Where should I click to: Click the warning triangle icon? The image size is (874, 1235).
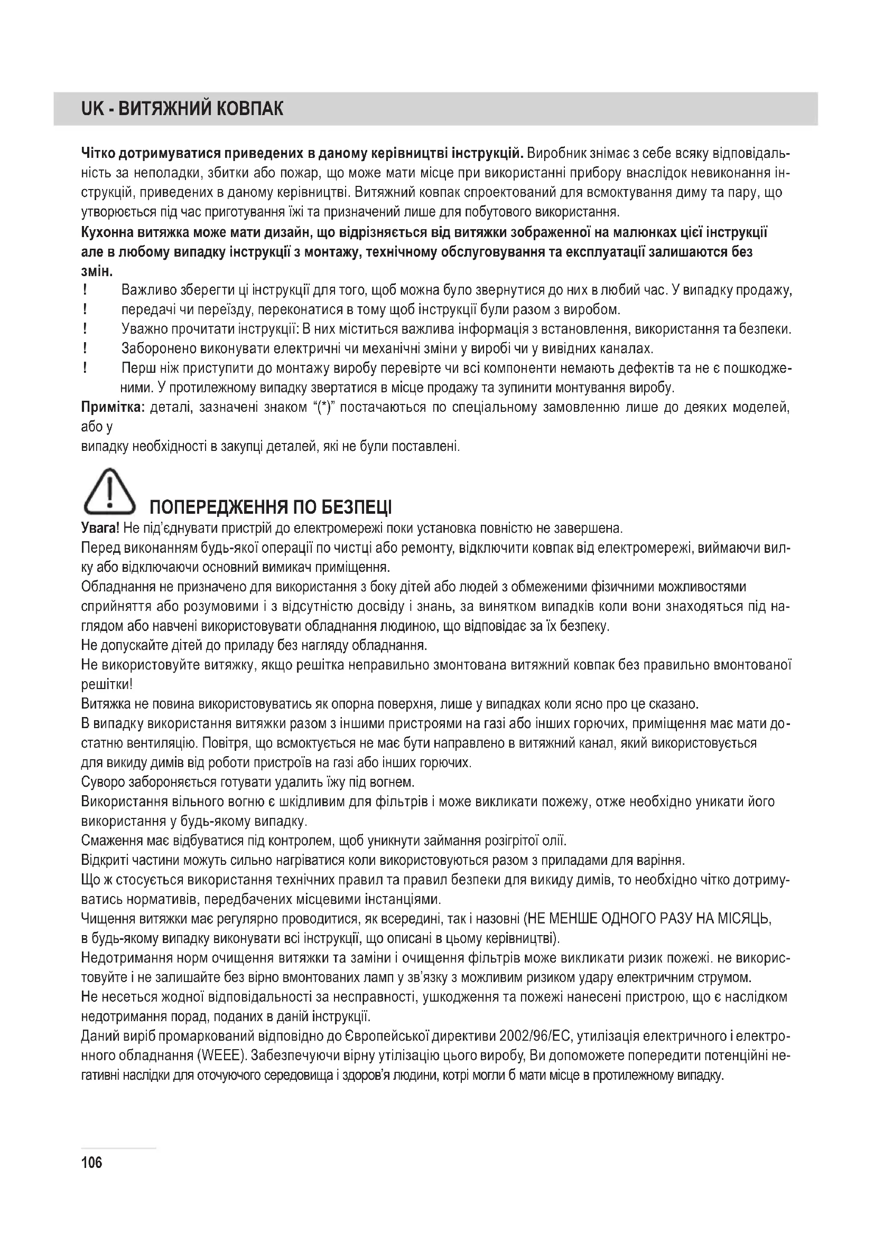[x=109, y=491]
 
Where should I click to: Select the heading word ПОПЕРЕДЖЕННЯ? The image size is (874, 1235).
[x=216, y=507]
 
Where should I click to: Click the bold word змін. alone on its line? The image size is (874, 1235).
[x=97, y=271]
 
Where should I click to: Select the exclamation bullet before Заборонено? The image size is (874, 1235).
[x=85, y=348]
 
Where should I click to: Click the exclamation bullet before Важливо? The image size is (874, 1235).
[x=85, y=290]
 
